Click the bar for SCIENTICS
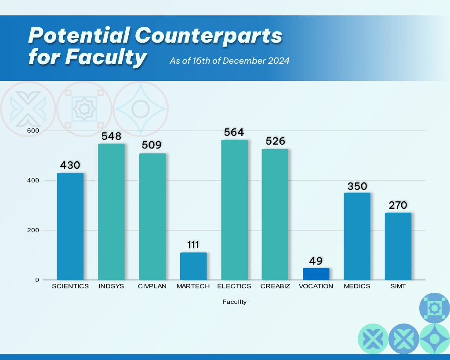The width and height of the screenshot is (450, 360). click(70, 226)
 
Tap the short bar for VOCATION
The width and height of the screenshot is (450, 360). click(316, 274)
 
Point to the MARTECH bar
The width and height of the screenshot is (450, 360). click(193, 266)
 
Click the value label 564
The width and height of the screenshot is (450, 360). click(234, 132)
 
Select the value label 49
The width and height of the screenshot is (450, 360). click(316, 261)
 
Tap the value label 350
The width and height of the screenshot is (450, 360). click(357, 186)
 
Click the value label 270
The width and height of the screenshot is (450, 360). click(398, 206)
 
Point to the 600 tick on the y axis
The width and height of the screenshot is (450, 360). click(33, 131)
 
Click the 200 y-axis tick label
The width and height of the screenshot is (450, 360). click(33, 230)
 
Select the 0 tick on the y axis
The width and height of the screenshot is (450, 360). click(37, 280)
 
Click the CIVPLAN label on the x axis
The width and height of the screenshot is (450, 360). click(152, 286)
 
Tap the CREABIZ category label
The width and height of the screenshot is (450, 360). click(275, 286)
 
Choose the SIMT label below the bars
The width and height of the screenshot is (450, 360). click(398, 286)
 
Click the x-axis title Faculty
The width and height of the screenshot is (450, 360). click(234, 302)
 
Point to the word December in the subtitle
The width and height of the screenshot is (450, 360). click(242, 61)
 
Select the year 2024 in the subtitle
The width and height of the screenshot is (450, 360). click(279, 61)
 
